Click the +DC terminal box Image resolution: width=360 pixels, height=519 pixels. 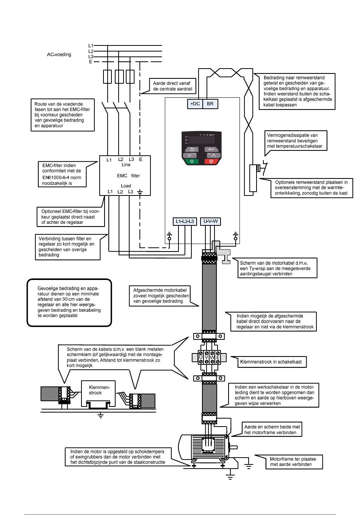(x=195, y=104)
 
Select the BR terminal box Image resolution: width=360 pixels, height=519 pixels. (x=210, y=104)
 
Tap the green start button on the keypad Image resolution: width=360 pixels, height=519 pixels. (x=192, y=161)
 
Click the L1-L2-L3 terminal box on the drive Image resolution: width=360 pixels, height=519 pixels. (x=185, y=221)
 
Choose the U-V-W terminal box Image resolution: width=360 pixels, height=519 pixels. (x=210, y=221)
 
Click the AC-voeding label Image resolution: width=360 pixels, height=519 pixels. (x=59, y=55)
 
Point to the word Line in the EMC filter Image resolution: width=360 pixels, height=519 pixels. (x=126, y=165)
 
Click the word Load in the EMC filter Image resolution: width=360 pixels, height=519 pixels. (x=126, y=186)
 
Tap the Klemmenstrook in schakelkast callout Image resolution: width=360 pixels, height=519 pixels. (x=272, y=362)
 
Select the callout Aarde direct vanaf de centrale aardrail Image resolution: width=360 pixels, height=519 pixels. (x=172, y=86)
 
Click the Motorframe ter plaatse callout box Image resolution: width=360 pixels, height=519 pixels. (x=294, y=461)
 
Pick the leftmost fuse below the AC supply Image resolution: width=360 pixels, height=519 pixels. (x=107, y=77)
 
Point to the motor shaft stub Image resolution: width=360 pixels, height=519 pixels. (x=233, y=447)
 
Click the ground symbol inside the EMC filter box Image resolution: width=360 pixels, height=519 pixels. (x=140, y=192)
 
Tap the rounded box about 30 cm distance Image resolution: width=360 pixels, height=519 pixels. (x=69, y=303)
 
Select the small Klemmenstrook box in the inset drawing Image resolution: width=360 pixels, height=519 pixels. (x=98, y=394)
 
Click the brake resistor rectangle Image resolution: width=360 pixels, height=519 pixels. (x=253, y=178)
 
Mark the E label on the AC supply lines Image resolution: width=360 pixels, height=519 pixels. (x=91, y=62)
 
